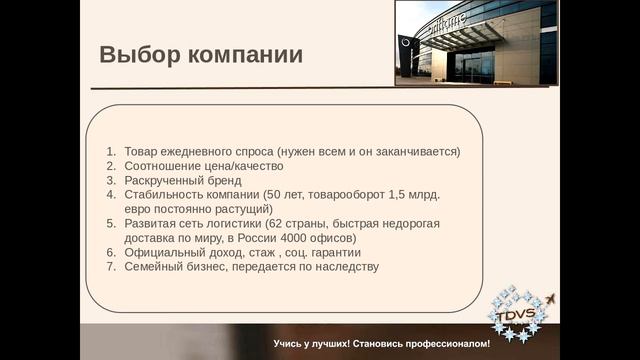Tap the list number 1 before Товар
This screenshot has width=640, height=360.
(x=111, y=151)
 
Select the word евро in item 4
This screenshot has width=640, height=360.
(x=139, y=209)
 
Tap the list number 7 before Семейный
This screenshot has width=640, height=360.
(x=111, y=268)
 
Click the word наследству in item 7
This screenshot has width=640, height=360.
(x=346, y=268)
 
